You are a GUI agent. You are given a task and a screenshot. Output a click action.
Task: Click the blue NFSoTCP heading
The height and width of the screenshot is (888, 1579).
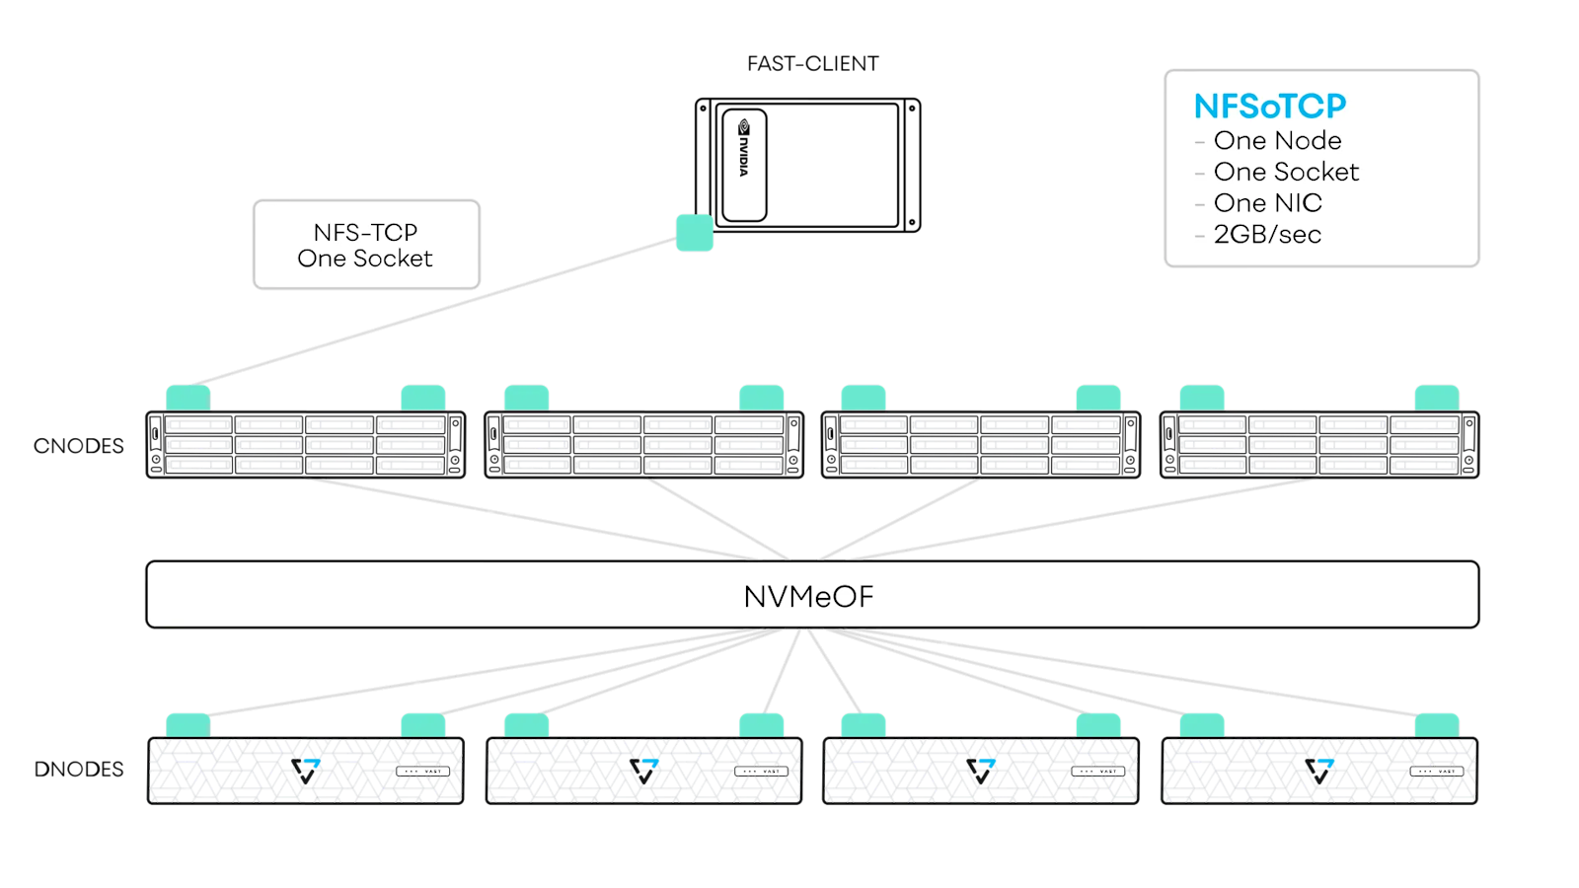1269,106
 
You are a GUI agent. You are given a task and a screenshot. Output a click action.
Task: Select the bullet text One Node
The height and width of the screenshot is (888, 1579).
1277,140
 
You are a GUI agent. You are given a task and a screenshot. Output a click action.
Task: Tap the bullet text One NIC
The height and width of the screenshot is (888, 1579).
1267,203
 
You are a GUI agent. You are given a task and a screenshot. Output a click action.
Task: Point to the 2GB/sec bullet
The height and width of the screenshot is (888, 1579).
1267,235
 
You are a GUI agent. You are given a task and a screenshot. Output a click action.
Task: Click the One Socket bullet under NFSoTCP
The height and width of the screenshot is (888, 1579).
1286,172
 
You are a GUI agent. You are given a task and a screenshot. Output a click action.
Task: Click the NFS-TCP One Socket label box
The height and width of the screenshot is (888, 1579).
366,245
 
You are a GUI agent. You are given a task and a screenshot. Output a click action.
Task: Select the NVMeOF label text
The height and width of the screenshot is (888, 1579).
808,596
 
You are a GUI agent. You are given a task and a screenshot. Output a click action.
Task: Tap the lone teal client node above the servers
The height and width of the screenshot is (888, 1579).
695,233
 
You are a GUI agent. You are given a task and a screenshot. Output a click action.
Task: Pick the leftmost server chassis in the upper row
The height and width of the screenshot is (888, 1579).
305,445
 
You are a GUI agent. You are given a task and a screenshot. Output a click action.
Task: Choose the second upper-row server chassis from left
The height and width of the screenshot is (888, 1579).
643,445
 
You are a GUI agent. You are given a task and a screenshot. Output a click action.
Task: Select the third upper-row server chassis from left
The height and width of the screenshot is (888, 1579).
981,445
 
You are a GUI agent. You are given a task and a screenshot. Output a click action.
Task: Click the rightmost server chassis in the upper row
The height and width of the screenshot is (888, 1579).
1319,445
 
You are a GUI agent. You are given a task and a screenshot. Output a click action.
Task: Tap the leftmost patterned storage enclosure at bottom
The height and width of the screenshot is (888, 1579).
305,771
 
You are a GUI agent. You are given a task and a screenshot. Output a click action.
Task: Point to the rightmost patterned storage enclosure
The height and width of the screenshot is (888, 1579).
1319,771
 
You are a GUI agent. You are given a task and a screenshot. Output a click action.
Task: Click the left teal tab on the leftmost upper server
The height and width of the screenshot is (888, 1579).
188,398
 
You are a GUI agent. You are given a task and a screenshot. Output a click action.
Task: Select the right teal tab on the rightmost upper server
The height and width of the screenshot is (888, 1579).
1436,398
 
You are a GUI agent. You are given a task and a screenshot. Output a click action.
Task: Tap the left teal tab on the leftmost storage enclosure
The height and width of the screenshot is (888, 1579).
188,725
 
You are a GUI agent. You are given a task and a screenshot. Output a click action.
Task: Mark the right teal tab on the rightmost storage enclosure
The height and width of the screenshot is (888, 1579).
1436,725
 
